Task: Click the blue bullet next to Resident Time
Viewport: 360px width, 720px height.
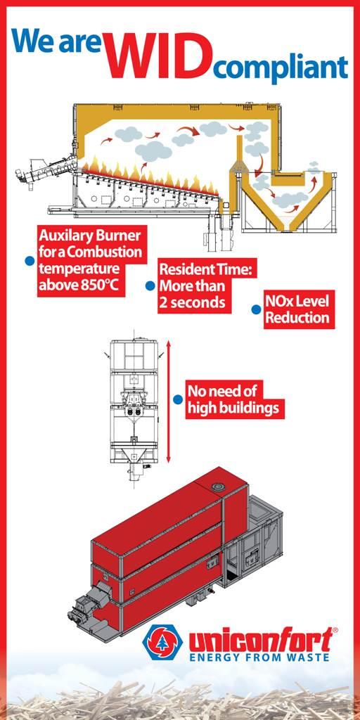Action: click(x=150, y=286)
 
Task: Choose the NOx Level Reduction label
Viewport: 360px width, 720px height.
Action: click(x=299, y=309)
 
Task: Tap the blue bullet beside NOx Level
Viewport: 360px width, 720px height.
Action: click(x=256, y=309)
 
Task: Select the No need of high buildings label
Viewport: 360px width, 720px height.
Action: click(x=235, y=399)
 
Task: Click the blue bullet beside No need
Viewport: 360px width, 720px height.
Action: click(x=178, y=399)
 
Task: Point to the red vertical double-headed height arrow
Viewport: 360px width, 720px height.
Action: click(x=169, y=401)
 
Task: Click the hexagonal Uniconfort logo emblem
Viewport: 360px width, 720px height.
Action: click(x=161, y=641)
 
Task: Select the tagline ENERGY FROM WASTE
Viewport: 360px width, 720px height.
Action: click(x=259, y=657)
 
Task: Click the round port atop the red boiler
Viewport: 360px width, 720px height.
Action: click(x=217, y=487)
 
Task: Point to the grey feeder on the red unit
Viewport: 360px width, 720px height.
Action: click(x=87, y=603)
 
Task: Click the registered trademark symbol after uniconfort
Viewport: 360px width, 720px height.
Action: click(x=335, y=630)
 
